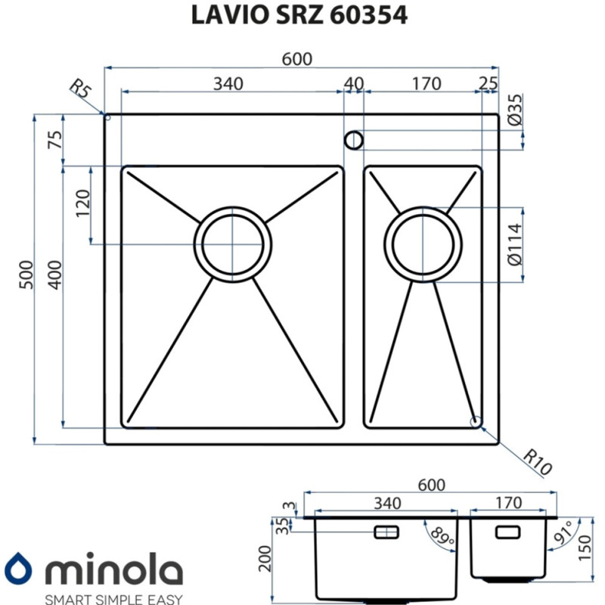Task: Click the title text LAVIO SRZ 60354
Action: pos(302,16)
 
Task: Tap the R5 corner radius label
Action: pos(80,92)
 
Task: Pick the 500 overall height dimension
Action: pos(26,279)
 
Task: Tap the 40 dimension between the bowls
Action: pos(354,83)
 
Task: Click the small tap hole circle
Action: pos(354,140)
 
